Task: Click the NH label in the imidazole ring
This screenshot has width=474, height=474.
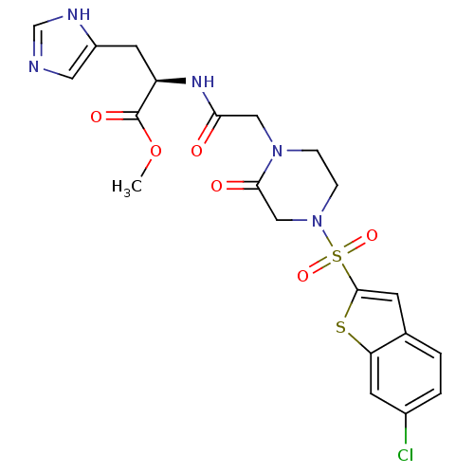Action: (79, 14)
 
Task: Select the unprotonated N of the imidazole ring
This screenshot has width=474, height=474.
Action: (34, 66)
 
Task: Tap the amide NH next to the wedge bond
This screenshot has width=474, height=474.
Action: (203, 82)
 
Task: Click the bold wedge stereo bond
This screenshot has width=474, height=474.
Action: (171, 82)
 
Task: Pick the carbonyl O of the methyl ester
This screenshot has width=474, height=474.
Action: (96, 117)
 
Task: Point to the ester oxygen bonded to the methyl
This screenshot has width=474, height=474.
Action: (155, 151)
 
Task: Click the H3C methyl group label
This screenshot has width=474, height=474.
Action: (127, 187)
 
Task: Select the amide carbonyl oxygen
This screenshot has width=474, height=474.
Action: (196, 151)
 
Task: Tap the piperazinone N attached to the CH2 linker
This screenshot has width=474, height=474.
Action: (277, 151)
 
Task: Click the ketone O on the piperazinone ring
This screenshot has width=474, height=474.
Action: (216, 186)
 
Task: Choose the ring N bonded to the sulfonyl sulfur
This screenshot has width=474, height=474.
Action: (317, 221)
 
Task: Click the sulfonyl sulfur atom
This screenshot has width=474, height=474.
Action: (337, 256)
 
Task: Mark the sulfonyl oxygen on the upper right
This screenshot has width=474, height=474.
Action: (372, 235)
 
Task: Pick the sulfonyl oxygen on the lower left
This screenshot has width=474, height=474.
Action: (302, 276)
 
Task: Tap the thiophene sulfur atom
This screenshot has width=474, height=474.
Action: (340, 327)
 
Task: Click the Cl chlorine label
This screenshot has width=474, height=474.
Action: (406, 455)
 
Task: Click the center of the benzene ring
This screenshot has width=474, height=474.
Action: (406, 374)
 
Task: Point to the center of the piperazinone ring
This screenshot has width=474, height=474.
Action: (297, 186)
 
